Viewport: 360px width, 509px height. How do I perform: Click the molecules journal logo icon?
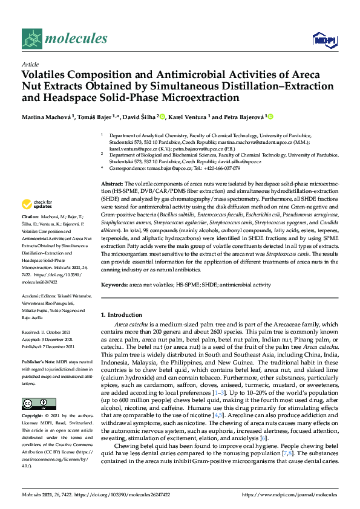30,39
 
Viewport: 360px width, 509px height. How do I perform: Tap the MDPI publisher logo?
325,39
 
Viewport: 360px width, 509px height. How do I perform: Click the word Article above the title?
29,63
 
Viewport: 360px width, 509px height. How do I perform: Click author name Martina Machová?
46,117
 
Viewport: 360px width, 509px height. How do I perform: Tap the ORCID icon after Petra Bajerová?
253,116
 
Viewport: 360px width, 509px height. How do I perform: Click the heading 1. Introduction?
121,315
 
